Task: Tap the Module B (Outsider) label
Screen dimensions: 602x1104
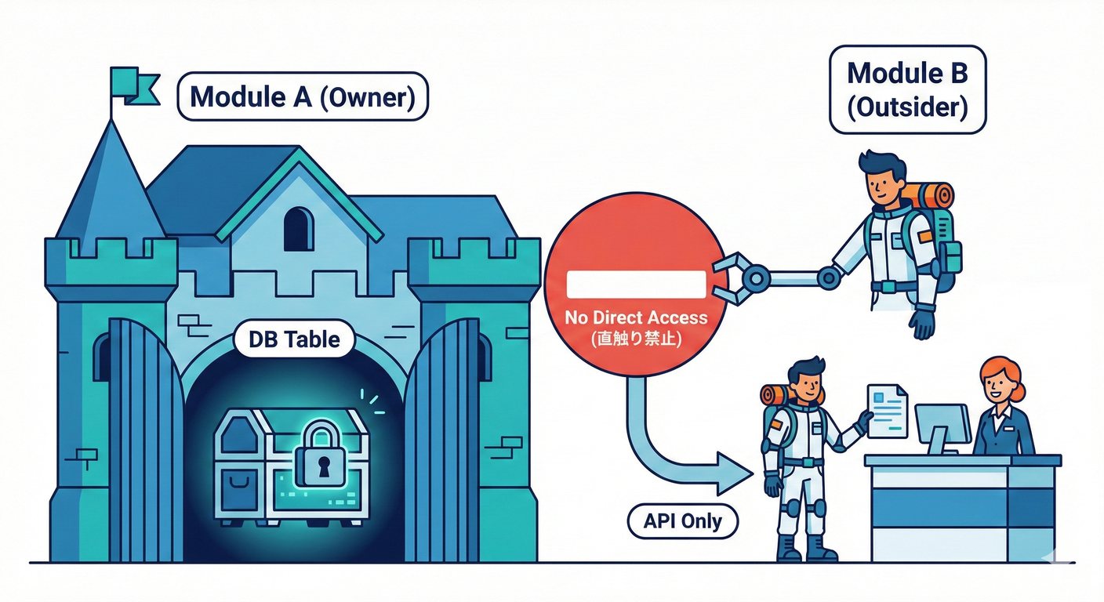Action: [907, 89]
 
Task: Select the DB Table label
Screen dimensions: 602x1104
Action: [294, 340]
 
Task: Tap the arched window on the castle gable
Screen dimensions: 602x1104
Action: [298, 229]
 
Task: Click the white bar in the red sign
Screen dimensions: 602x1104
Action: [636, 284]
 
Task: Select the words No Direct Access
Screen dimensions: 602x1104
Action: [636, 318]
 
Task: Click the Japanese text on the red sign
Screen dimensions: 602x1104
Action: [636, 340]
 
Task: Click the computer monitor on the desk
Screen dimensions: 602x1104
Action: [942, 423]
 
